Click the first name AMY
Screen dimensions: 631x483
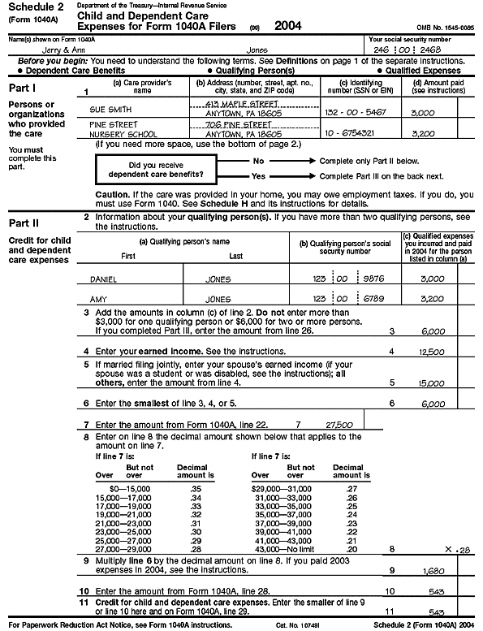(x=99, y=299)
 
